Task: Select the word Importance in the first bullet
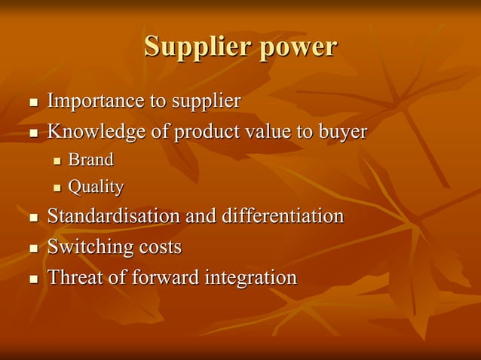[93, 101]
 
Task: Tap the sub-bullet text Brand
[90, 160]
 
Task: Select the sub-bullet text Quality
[96, 187]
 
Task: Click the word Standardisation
[113, 216]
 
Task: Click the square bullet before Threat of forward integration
[32, 279]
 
